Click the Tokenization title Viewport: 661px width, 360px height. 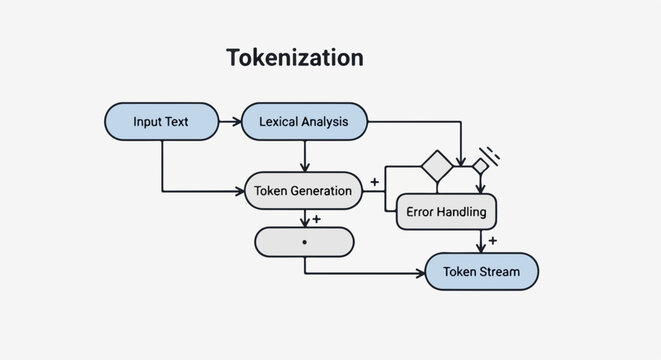point(294,58)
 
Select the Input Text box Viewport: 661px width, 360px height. point(161,122)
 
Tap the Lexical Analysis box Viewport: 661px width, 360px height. point(303,122)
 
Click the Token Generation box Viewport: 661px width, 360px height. point(303,190)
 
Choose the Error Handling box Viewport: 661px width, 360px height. point(447,212)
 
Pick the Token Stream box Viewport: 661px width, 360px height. point(482,271)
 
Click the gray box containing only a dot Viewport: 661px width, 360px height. point(304,243)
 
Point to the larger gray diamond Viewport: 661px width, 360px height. point(437,166)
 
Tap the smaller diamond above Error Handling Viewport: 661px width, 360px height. point(480,165)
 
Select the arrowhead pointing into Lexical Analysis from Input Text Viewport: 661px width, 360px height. point(237,122)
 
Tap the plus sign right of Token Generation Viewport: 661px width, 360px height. point(374,182)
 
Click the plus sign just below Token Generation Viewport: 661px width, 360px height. point(316,219)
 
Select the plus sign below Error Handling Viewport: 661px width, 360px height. point(492,241)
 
